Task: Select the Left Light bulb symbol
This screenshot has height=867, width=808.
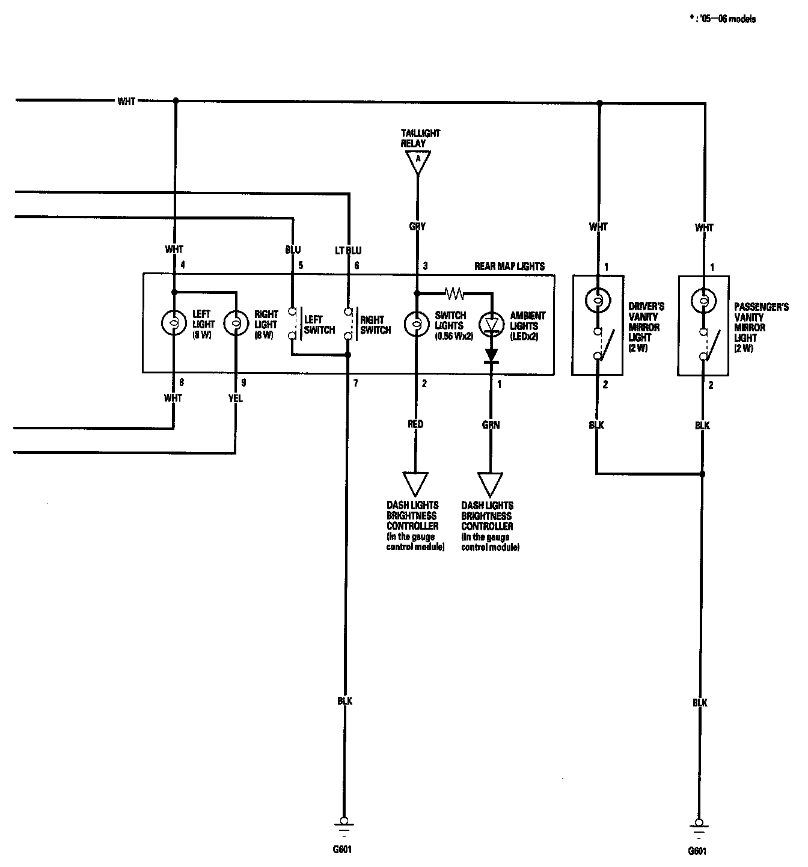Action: (174, 323)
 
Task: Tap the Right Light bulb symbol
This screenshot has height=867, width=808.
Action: (236, 323)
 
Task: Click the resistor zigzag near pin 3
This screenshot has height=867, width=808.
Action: (454, 294)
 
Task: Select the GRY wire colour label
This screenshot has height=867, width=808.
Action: (417, 227)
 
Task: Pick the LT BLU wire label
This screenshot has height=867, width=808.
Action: (348, 250)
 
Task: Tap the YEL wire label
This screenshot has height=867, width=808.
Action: (236, 398)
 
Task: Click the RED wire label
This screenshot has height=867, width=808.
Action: (415, 424)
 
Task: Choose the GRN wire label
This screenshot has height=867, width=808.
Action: (491, 424)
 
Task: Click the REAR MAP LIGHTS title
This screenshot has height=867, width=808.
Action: (509, 266)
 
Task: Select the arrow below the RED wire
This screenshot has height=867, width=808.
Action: (415, 483)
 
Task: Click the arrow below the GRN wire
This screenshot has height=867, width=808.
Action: (491, 483)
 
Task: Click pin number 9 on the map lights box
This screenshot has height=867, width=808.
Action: (243, 383)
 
